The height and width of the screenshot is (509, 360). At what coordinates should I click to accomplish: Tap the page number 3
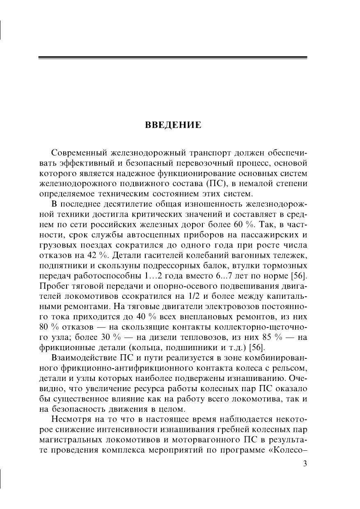(305, 464)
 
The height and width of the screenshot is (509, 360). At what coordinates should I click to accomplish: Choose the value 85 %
(263, 338)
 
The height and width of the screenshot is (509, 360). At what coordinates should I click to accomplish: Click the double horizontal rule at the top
(173, 58)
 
